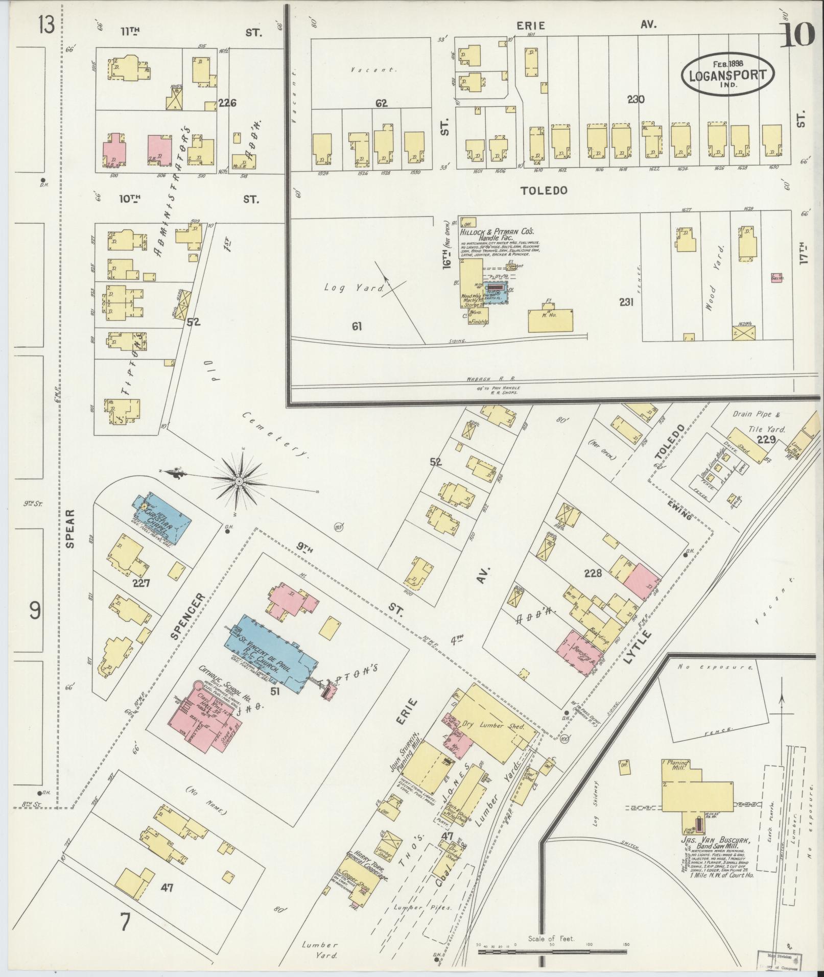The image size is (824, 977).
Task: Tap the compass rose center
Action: tap(239, 482)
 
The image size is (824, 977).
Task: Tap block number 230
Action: tap(636, 100)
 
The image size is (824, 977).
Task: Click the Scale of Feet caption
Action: tap(552, 938)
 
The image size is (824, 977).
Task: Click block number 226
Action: tap(227, 103)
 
